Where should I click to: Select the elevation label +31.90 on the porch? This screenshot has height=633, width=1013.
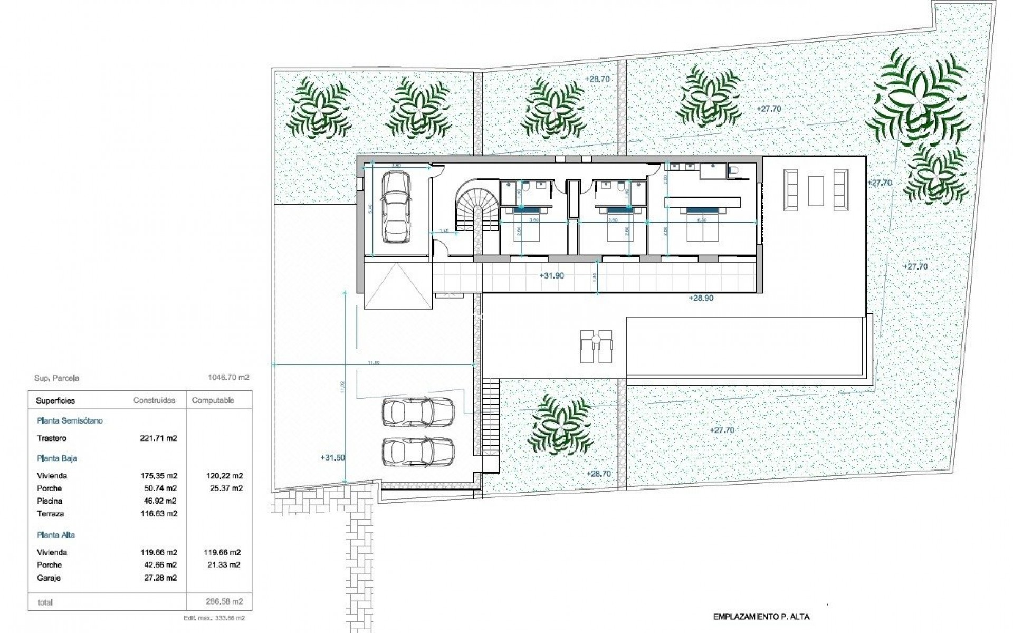coord(552,275)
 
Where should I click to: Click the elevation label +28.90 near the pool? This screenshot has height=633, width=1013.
coord(701,298)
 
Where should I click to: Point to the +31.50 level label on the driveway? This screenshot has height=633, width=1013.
coord(332,457)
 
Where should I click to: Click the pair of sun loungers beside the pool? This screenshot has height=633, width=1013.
coord(596,346)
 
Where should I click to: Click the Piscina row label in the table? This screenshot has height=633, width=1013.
coord(50,501)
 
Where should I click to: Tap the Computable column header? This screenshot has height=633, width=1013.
coord(213,400)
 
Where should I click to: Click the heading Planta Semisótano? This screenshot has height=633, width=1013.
coord(70,420)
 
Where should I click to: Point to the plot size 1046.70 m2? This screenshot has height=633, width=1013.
coord(228,377)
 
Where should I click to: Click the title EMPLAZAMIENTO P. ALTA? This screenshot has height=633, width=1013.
coord(761,616)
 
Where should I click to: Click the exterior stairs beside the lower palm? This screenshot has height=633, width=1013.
coord(491,417)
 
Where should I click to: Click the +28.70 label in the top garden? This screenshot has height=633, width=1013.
coord(597,79)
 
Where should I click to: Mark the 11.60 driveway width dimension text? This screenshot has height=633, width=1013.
coord(374,362)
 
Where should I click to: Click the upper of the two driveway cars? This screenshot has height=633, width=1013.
coord(417,411)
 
